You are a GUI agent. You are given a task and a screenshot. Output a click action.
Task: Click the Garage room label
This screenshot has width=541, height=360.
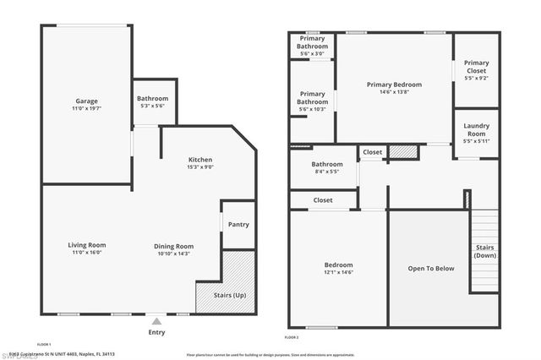(86, 101)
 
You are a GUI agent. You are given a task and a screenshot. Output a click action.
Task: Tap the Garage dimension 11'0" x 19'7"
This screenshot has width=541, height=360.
(86, 109)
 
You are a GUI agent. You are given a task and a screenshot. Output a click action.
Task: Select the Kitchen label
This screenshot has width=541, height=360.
(200, 159)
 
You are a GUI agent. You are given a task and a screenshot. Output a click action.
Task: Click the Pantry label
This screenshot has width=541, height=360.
(239, 224)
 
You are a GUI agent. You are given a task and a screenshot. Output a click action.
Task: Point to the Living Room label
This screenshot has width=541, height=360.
(86, 245)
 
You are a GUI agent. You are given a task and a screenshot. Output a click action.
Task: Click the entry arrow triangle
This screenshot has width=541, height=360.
(156, 321)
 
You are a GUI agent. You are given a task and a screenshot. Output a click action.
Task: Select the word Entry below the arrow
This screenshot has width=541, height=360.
(156, 332)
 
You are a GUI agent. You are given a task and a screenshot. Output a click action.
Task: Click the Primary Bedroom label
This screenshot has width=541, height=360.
(394, 85)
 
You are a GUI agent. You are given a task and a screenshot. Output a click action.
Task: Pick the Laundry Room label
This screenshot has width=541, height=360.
(476, 130)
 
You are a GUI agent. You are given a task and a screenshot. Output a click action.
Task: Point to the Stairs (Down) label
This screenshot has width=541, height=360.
(484, 251)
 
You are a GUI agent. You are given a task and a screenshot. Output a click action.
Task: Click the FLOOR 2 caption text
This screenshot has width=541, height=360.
(292, 337)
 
